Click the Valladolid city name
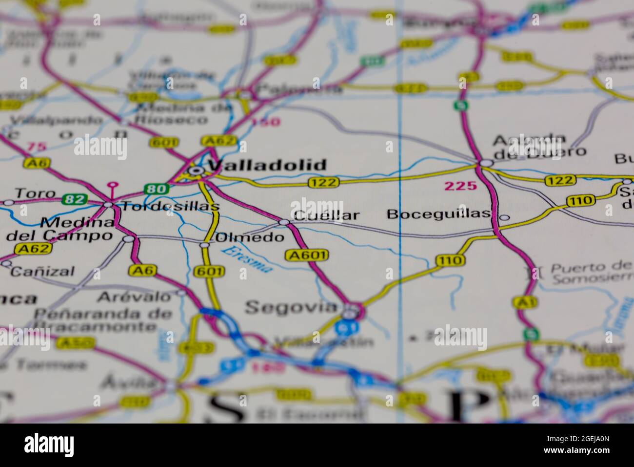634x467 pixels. click(267, 165)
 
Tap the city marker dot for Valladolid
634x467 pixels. click(196, 170)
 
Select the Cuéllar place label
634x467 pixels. click(327, 215)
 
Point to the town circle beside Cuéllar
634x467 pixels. click(284, 223)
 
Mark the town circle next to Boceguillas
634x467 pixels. click(505, 217)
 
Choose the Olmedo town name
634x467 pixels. click(250, 238)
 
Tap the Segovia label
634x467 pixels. click(291, 307)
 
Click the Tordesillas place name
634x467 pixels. click(170, 207)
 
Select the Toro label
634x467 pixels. click(35, 193)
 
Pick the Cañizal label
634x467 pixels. click(42, 272)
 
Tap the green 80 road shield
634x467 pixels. click(156, 189)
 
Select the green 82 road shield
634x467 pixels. click(75, 199)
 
